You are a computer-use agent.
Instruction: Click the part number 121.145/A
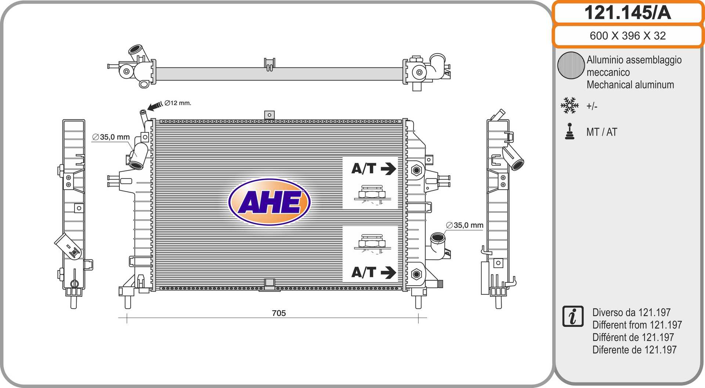tap(628, 13)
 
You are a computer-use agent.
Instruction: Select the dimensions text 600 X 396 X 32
tap(628, 36)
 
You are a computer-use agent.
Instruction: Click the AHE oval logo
tap(270, 202)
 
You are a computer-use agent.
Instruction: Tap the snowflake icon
tap(570, 105)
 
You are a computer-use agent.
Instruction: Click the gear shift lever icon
tap(570, 131)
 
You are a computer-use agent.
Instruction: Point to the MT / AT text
tap(602, 132)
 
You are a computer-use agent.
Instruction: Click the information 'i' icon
tap(573, 316)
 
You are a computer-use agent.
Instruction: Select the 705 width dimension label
tap(279, 313)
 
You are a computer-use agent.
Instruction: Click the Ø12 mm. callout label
tap(178, 103)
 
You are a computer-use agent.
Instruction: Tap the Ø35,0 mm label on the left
tap(111, 137)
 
